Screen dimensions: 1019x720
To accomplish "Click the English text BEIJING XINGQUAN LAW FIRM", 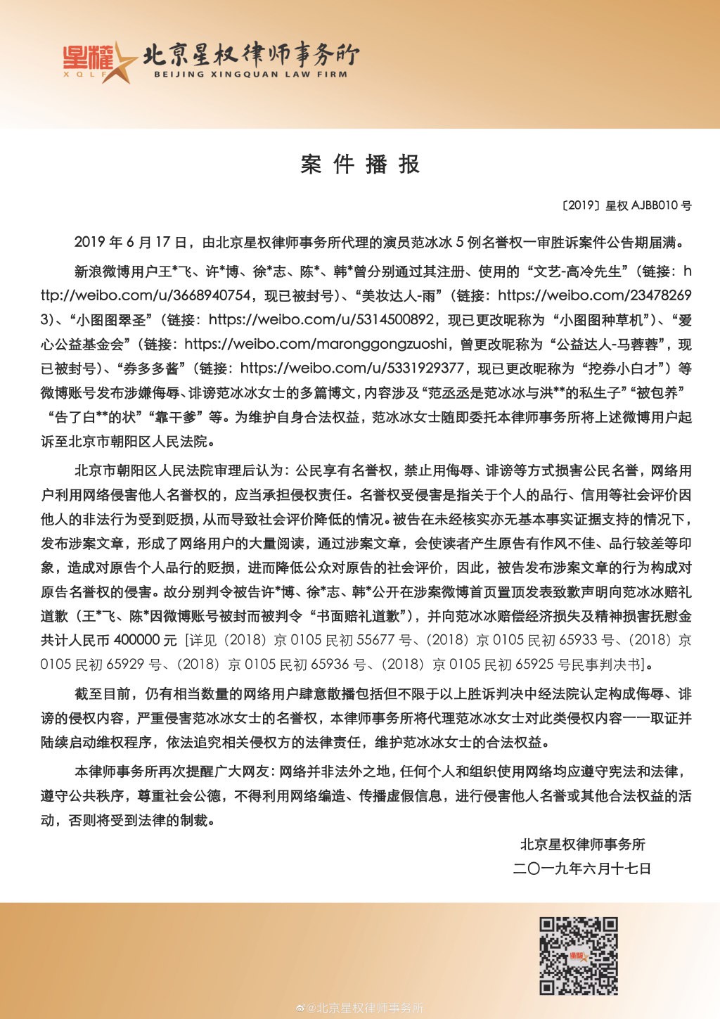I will tap(250, 74).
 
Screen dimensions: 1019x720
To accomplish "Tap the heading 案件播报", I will tap(360, 165).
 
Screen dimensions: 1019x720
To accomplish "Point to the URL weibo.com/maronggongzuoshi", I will tap(316, 344).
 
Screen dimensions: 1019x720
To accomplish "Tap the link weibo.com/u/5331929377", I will tap(352, 368).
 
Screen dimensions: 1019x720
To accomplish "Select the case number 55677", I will tap(375, 640).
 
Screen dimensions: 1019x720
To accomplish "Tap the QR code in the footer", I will tap(579, 956).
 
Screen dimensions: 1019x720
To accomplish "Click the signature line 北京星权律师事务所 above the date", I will tap(582, 844).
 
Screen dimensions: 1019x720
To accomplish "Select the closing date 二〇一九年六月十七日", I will tap(582, 869).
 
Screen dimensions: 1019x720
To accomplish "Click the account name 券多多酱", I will tap(150, 368).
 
